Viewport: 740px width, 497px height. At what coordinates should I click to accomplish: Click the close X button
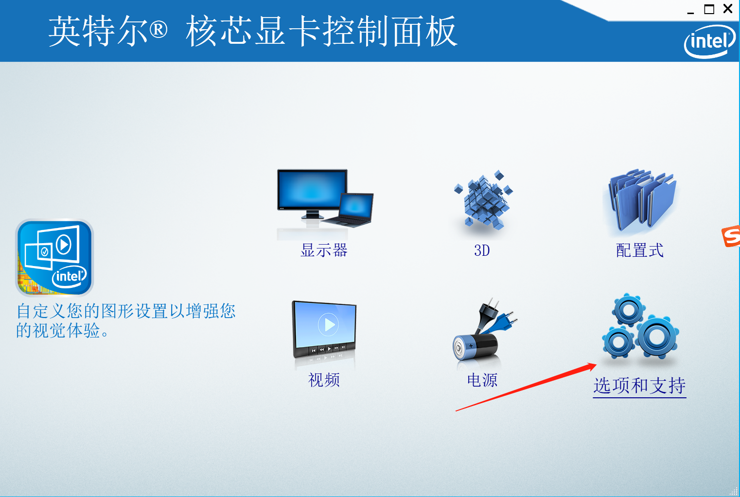click(x=728, y=9)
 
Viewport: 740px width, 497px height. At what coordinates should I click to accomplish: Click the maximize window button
click(x=709, y=9)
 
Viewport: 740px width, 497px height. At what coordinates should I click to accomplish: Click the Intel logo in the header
click(x=709, y=41)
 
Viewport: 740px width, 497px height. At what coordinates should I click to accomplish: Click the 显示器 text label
click(x=324, y=250)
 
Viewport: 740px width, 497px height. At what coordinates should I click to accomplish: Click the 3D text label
click(x=482, y=250)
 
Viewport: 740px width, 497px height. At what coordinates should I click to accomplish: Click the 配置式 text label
click(x=640, y=250)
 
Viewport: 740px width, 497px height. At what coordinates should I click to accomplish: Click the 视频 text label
click(x=324, y=380)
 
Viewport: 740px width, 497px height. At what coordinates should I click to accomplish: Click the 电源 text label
click(x=482, y=380)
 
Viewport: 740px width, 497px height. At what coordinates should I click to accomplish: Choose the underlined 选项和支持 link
click(x=639, y=386)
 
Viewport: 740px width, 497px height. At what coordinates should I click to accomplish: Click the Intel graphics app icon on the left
click(x=54, y=258)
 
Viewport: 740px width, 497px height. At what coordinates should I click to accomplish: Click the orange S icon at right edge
click(x=731, y=236)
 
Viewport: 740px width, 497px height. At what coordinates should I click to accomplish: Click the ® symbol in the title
click(x=159, y=30)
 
